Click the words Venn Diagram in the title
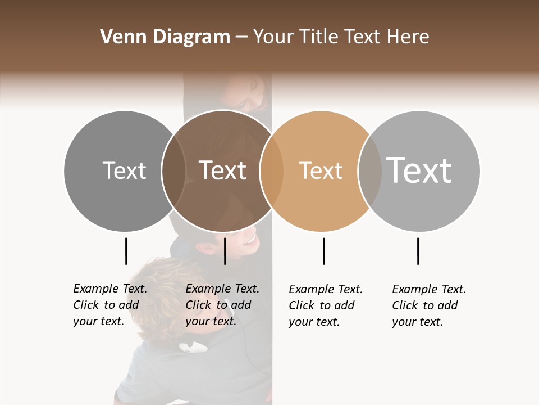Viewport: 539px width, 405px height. coord(165,37)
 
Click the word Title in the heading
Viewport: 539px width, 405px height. coord(319,37)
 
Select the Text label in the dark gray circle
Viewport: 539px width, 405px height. coord(124,170)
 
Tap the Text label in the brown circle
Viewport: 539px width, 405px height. coord(222,170)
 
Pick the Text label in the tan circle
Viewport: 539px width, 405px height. coord(321,170)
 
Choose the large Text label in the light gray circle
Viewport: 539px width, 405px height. coord(419,170)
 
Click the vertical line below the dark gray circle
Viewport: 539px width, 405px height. coord(126,251)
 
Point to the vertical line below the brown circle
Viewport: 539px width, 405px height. coord(225,251)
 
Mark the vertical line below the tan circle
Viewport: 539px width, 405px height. coord(323,251)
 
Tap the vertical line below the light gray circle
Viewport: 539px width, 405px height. coord(418,251)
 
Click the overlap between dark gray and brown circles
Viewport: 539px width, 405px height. coord(173,170)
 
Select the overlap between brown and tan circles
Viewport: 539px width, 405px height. coord(272,170)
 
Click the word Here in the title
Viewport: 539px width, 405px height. coord(409,37)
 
